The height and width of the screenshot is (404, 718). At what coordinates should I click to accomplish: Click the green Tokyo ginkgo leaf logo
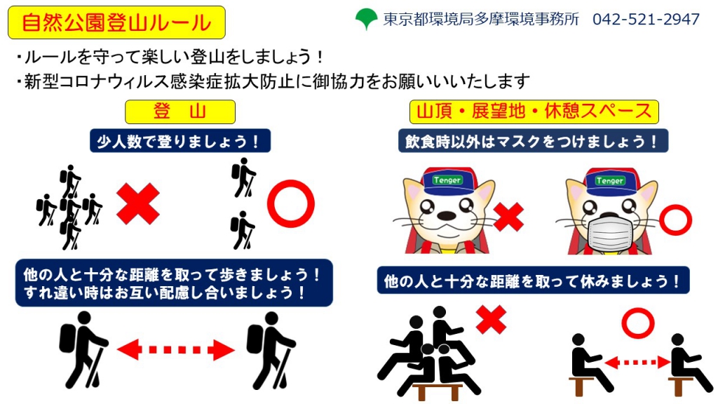[x=366, y=19]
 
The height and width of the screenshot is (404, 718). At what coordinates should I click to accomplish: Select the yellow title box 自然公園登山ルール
[x=116, y=22]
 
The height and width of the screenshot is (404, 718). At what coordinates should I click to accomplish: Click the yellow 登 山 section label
[x=179, y=112]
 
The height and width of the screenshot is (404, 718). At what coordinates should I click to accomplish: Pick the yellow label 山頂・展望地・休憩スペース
[x=534, y=112]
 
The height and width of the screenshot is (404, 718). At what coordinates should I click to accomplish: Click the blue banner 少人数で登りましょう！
[x=179, y=141]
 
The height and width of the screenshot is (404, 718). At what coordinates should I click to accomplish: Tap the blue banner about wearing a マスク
[x=533, y=141]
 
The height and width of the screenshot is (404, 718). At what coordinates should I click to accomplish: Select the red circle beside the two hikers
[x=290, y=204]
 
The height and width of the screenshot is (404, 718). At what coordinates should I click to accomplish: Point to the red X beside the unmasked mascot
[x=508, y=217]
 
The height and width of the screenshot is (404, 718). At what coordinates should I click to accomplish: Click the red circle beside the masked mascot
[x=675, y=219]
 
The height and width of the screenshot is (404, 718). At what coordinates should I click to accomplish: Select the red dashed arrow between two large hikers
[x=175, y=349]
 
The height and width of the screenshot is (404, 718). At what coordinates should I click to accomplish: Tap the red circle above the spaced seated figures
[x=637, y=324]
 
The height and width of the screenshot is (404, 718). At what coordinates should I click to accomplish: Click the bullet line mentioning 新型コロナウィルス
[x=271, y=81]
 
